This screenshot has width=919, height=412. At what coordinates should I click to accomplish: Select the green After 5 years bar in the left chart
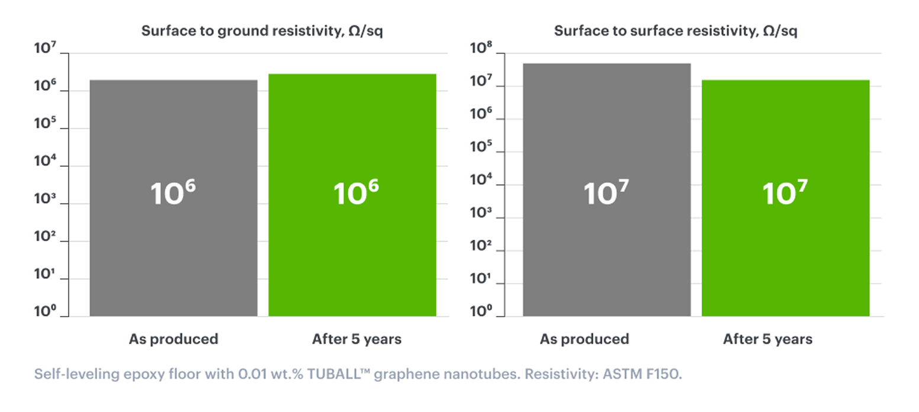(x=352, y=249)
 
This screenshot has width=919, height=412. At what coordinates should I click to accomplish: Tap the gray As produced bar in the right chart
(x=606, y=249)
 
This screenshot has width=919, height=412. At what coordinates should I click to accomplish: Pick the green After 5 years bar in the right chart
(x=785, y=249)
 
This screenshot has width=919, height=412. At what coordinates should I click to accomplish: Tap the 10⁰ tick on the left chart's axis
(x=44, y=311)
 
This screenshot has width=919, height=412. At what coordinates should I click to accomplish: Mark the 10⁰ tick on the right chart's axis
(x=480, y=311)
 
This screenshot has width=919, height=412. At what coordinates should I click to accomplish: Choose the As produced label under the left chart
(x=173, y=339)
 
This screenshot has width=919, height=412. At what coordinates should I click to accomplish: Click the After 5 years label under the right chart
(x=767, y=339)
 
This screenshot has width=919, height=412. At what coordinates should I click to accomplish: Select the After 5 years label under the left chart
(x=356, y=339)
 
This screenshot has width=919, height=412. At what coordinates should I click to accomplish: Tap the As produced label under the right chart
(x=584, y=339)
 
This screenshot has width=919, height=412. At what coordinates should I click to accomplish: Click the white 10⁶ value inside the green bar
(x=355, y=193)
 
